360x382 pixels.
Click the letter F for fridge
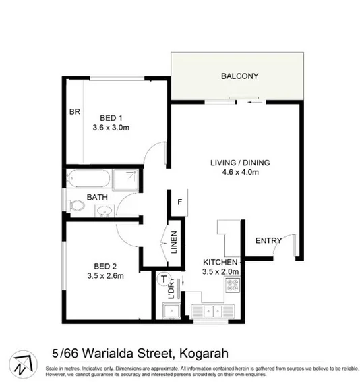(x=180, y=202)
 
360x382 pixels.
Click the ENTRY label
(x=268, y=241)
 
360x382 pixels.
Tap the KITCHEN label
(x=220, y=262)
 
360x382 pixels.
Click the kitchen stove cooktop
(x=233, y=288)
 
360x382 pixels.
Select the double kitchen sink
(x=210, y=311)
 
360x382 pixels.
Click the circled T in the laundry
(x=162, y=278)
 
